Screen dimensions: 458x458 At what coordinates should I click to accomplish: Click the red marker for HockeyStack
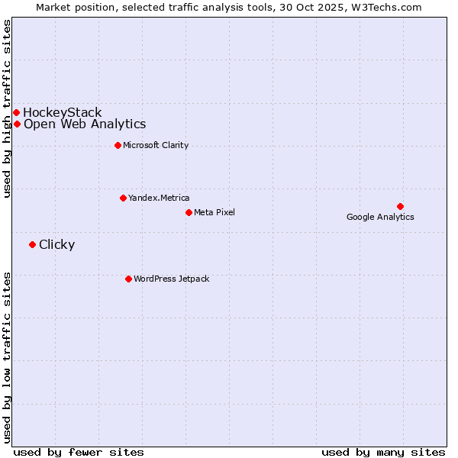[x=16, y=113]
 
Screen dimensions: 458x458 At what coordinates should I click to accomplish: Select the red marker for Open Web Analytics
[x=17, y=124]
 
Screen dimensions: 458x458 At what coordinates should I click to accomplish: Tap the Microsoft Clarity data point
[x=118, y=146]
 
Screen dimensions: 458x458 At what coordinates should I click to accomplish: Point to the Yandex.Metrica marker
[x=123, y=198]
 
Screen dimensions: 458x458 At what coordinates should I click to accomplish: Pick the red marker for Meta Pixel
[x=189, y=212]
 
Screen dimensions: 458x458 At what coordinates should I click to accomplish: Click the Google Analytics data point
[x=400, y=206]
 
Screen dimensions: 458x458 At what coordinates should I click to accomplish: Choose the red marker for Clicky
[x=32, y=245]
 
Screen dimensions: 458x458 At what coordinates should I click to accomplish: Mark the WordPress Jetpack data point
[x=128, y=279]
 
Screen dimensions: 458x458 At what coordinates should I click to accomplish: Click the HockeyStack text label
[x=63, y=113]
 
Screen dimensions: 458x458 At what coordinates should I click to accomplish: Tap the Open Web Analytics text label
[x=85, y=124]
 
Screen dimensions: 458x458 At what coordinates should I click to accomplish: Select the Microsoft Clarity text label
[x=156, y=146]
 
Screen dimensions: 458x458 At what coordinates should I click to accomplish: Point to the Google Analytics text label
[x=380, y=218]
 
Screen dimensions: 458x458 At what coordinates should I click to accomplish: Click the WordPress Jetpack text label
[x=171, y=279]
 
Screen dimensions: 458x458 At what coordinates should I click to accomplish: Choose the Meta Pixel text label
[x=214, y=212]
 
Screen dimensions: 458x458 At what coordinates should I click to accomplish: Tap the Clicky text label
[x=56, y=245]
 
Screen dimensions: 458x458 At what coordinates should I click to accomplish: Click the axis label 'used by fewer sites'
[x=79, y=452]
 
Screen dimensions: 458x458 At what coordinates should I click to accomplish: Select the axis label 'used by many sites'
[x=383, y=452]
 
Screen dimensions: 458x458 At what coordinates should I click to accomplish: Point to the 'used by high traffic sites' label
[x=7, y=108]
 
